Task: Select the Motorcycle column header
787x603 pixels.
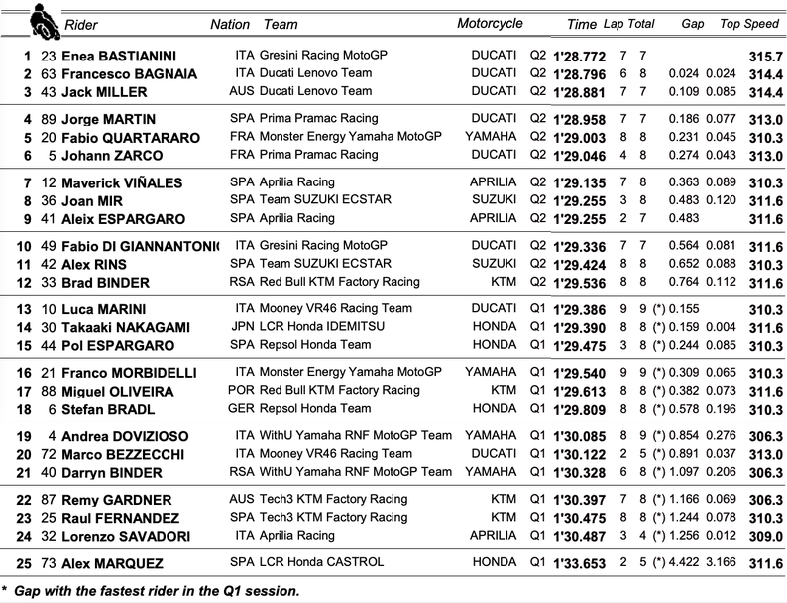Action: pos(490,24)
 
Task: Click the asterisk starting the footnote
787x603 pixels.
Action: pos(6,589)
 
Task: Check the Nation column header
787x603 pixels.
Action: pos(230,24)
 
